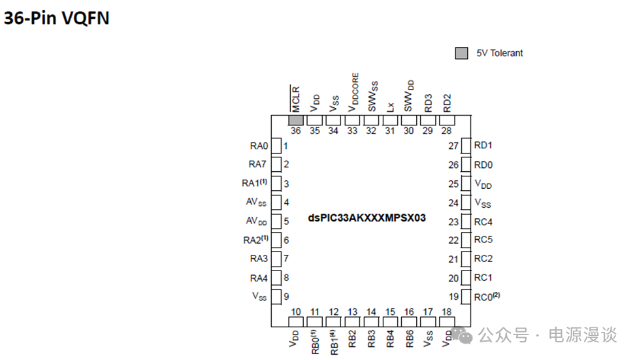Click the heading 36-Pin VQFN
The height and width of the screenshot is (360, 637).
point(56,18)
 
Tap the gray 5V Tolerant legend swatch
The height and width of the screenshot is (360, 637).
point(461,53)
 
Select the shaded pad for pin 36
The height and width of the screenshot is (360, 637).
point(296,120)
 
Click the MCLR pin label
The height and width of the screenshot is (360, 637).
point(295,99)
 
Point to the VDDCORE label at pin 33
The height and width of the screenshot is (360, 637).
point(353,93)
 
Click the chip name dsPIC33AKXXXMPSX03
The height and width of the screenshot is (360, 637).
point(367,218)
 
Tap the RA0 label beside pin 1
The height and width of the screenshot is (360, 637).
point(259,146)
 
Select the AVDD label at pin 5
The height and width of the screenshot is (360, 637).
point(256,221)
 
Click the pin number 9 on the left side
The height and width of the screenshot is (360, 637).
point(286,297)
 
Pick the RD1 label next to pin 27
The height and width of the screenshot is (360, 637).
point(483,145)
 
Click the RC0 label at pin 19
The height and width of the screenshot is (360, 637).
point(487,297)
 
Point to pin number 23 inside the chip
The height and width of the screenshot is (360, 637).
point(453,221)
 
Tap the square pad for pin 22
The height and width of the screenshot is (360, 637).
point(466,240)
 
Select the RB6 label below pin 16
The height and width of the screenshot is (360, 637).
point(409,338)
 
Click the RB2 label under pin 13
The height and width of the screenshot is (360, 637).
point(353,338)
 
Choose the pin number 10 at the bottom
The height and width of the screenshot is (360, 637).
point(296,312)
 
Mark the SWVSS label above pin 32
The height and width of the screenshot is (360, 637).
point(372,100)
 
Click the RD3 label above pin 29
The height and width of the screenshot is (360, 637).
point(428,103)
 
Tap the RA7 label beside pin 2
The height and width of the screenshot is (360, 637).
point(259,165)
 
